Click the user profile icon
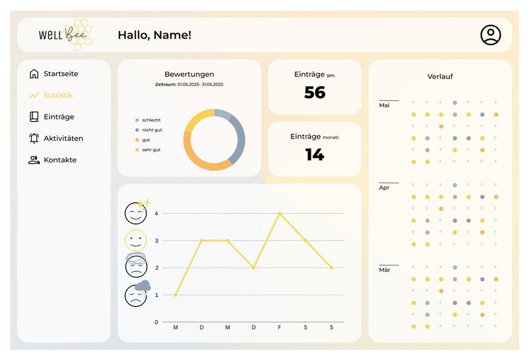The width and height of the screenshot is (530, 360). [x=491, y=35]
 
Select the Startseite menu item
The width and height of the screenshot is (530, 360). [x=65, y=74]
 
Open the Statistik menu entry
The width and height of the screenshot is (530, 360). [x=58, y=95]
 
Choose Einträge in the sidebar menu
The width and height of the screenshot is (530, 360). [x=59, y=117]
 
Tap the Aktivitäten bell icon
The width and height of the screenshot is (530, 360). [x=34, y=139]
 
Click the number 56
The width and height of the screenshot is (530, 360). [x=315, y=93]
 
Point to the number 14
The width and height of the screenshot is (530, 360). [x=315, y=154]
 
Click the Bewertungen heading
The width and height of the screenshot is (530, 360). [x=189, y=74]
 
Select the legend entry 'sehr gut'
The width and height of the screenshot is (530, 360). [x=151, y=150]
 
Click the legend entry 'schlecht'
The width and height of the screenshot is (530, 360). [x=151, y=120]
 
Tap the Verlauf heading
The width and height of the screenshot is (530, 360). [x=440, y=77]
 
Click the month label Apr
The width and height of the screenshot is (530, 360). [x=384, y=188]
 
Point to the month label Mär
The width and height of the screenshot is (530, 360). [x=384, y=270]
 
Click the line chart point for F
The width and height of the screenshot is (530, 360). [x=280, y=213]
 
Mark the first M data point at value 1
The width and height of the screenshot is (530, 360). [x=176, y=294]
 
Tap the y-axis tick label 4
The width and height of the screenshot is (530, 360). [x=156, y=213]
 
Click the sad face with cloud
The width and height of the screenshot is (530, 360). [x=136, y=294]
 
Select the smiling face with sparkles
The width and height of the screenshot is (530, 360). [x=136, y=212]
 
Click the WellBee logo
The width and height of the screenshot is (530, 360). [x=65, y=35]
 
